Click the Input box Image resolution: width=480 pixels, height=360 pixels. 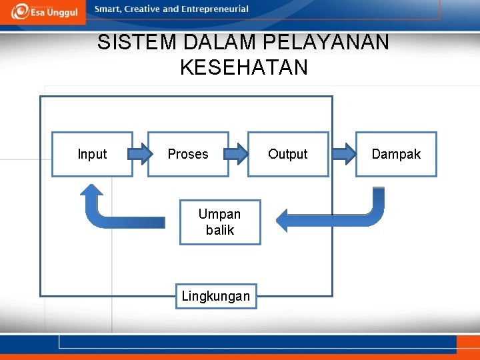pyautogui.click(x=92, y=154)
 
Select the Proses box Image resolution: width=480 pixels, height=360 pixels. pyautogui.click(x=188, y=154)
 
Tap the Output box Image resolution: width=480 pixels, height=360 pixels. pyautogui.click(x=288, y=154)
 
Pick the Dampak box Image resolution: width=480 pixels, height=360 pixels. pyautogui.click(x=396, y=154)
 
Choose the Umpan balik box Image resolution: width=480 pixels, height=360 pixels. pyautogui.click(x=220, y=222)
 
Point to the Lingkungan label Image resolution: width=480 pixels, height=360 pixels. pyautogui.click(x=216, y=296)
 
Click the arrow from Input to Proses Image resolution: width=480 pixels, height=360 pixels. pyautogui.click(x=140, y=155)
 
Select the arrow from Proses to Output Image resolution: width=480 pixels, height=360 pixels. pyautogui.click(x=238, y=155)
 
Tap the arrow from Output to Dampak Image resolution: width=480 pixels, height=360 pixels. pyautogui.click(x=343, y=155)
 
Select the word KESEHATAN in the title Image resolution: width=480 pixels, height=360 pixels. pyautogui.click(x=244, y=67)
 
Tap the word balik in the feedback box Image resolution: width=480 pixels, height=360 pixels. pyautogui.click(x=220, y=230)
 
